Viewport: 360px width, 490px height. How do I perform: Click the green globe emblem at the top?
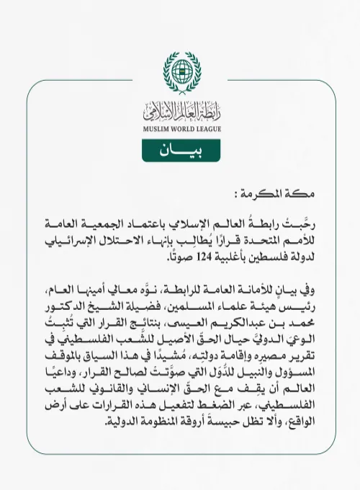(180, 69)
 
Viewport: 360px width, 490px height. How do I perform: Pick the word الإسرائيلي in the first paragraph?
(69, 238)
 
